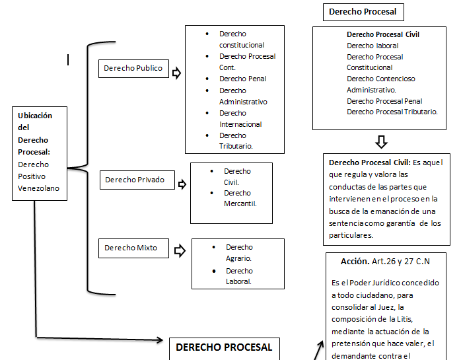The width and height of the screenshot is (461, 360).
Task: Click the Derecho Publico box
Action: click(133, 68)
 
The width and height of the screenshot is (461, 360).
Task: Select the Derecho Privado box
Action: click(135, 179)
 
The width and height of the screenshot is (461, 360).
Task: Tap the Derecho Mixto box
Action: click(132, 248)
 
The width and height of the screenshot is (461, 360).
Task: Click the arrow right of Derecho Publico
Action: click(176, 72)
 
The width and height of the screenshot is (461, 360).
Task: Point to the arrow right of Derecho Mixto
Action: click(179, 250)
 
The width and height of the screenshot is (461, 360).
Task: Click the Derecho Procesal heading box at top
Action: click(362, 12)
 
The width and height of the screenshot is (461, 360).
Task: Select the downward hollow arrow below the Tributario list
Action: click(381, 142)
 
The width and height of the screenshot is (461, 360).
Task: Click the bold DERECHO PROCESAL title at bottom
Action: click(224, 347)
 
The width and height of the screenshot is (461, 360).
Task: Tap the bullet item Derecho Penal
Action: click(242, 79)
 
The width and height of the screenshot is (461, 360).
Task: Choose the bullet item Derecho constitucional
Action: click(242, 39)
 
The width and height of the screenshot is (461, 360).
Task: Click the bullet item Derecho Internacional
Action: click(240, 118)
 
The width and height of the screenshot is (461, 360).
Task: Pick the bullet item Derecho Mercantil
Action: click(240, 198)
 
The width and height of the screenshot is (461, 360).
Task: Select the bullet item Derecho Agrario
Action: click(239, 252)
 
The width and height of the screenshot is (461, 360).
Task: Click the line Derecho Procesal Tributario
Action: click(392, 112)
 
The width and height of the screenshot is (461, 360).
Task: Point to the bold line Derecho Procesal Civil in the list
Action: click(383, 34)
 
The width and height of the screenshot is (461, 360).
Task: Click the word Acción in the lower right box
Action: click(355, 261)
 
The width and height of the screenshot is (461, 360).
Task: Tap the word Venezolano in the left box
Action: click(38, 188)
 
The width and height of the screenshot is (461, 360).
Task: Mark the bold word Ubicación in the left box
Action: click(35, 116)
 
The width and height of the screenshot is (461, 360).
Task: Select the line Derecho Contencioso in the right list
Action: click(381, 79)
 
